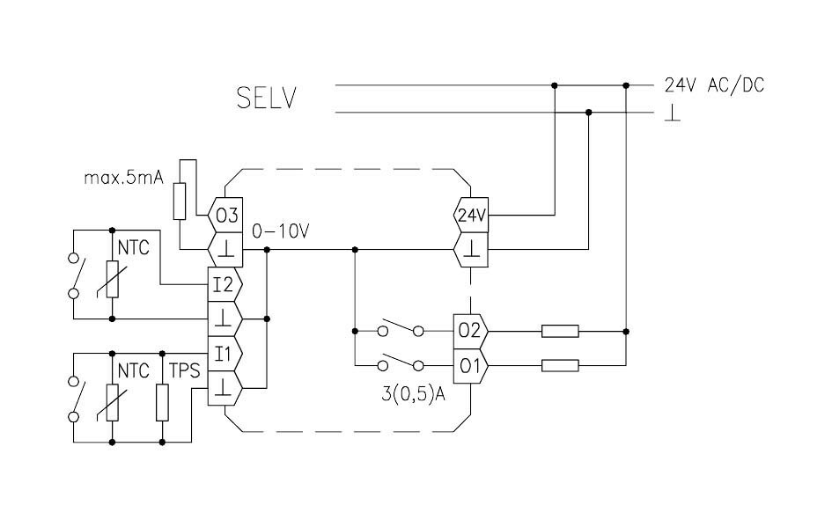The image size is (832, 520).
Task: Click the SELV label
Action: (x=266, y=98)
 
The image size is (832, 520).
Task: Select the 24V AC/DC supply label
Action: (x=714, y=85)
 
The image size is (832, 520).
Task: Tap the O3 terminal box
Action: (x=224, y=214)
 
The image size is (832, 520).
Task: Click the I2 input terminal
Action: (x=221, y=283)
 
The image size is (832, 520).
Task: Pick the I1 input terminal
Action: (x=221, y=353)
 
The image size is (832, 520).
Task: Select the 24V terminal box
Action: (x=471, y=214)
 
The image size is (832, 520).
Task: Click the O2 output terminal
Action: (x=469, y=331)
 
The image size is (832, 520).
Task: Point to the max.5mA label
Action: (x=124, y=178)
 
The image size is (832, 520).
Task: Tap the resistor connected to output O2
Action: (x=559, y=331)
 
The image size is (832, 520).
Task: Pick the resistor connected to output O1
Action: (x=559, y=365)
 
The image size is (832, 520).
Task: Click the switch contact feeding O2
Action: (x=401, y=330)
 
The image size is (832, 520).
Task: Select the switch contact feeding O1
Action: (x=401, y=364)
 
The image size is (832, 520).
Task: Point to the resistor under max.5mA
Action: (x=180, y=201)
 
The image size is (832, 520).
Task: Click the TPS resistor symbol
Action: (x=162, y=400)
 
